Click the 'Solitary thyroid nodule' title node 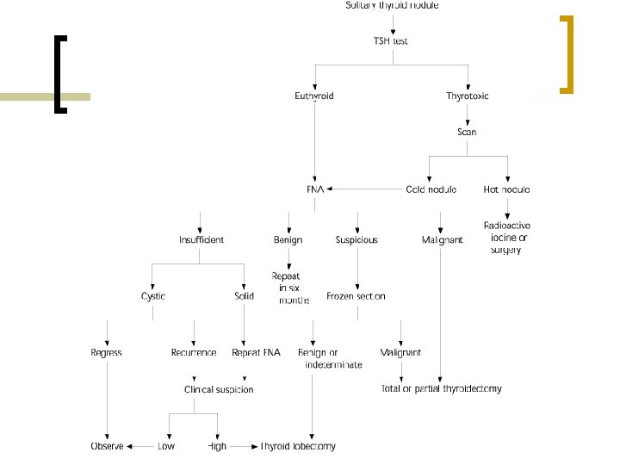[x=392, y=5]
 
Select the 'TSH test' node [x=391, y=41]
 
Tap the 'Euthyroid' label [x=314, y=96]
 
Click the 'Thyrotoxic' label [x=468, y=96]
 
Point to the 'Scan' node [x=467, y=133]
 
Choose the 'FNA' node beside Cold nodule [x=314, y=189]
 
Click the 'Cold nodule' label [x=431, y=189]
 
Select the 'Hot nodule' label [x=507, y=189]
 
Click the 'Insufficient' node [x=201, y=239]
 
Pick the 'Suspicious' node [x=356, y=239]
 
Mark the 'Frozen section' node [x=356, y=296]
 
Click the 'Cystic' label [x=153, y=296]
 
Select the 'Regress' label [x=107, y=352]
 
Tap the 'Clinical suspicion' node [x=219, y=389]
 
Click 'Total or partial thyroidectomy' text [x=441, y=389]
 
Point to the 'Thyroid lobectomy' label [x=298, y=446]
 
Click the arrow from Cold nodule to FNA [x=362, y=189]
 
